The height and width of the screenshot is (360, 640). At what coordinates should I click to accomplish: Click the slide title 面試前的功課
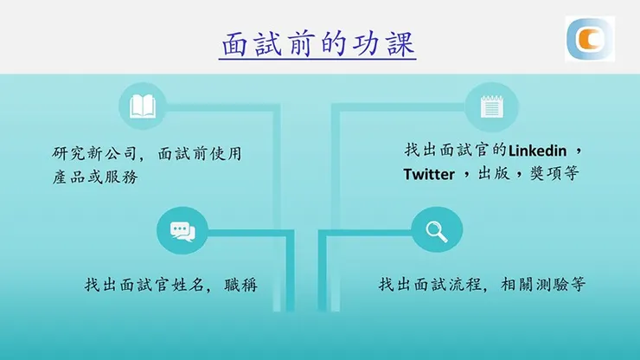(x=318, y=44)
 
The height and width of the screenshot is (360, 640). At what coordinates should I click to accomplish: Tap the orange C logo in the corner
(x=589, y=39)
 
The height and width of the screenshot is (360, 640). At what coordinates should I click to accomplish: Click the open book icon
(x=142, y=106)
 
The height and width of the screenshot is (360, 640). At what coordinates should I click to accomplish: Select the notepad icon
(x=491, y=106)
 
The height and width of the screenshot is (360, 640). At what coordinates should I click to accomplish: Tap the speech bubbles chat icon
(x=182, y=230)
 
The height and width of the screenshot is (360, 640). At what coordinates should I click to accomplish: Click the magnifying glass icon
(x=437, y=230)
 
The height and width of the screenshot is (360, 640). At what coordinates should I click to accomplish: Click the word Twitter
(x=429, y=175)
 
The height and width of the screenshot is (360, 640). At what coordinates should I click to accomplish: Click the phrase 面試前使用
(x=200, y=154)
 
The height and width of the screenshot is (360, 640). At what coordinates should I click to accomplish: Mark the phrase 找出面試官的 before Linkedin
(x=455, y=150)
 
